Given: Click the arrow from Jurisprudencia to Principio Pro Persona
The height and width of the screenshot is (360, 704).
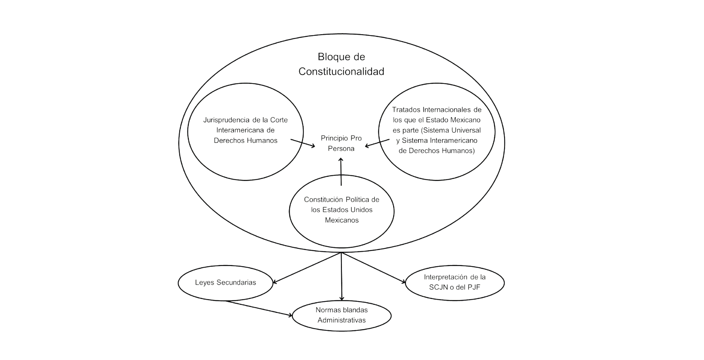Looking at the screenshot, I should click(x=303, y=143).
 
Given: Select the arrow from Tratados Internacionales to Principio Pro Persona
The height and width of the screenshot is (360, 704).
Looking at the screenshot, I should click(x=377, y=143).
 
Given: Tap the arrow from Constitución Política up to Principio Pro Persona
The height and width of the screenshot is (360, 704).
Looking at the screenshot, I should click(x=341, y=172).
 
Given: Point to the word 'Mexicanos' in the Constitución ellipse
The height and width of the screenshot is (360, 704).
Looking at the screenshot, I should click(x=342, y=220).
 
